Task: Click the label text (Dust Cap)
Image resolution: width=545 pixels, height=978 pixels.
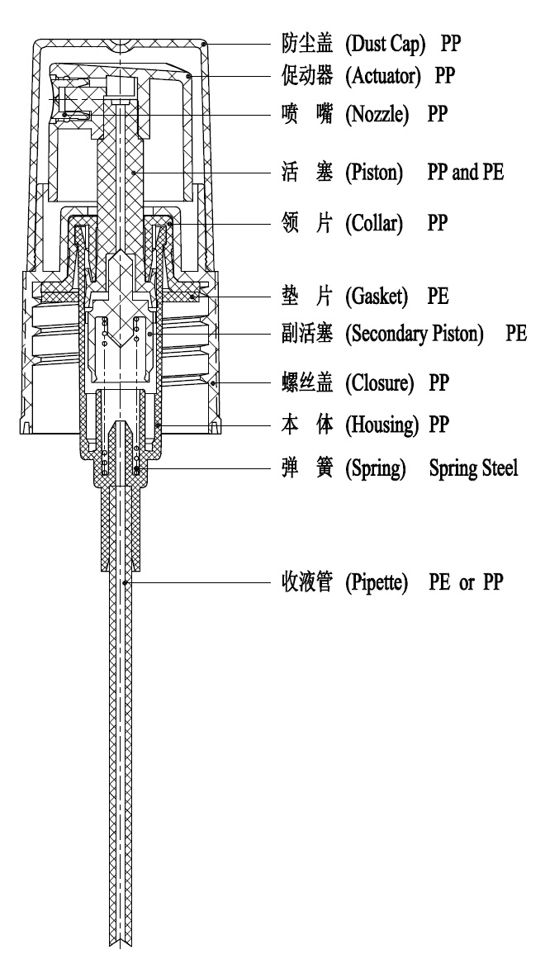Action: pyautogui.click(x=386, y=44)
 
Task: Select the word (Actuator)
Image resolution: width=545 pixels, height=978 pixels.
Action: pyautogui.click(x=383, y=76)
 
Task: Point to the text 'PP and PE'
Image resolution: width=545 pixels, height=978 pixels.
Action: pyautogui.click(x=465, y=172)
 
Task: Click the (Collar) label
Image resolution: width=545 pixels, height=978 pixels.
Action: pyautogui.click(x=374, y=223)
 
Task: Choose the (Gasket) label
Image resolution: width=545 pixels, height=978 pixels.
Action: pyautogui.click(x=377, y=297)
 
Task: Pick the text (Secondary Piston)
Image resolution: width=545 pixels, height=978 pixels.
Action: pyautogui.click(x=415, y=334)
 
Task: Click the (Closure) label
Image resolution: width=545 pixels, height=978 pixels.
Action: pyautogui.click(x=380, y=383)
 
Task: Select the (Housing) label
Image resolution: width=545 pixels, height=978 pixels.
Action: pyautogui.click(x=382, y=425)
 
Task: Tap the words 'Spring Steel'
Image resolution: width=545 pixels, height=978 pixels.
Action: pyautogui.click(x=473, y=468)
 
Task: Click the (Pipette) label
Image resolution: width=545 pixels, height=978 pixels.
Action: pyautogui.click(x=377, y=582)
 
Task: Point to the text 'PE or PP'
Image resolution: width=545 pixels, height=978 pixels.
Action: pyautogui.click(x=466, y=582)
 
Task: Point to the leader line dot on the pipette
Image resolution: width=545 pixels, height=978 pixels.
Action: pyautogui.click(x=126, y=583)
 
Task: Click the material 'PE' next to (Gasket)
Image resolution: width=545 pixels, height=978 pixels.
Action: pyautogui.click(x=438, y=297)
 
